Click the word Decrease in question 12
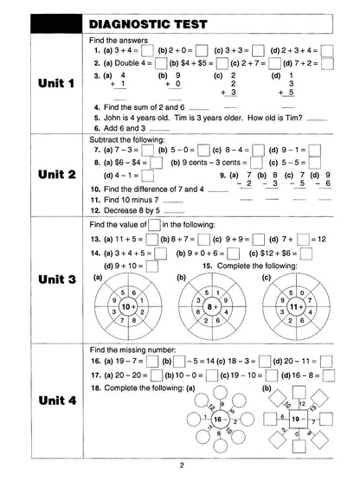click(x=121, y=209)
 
